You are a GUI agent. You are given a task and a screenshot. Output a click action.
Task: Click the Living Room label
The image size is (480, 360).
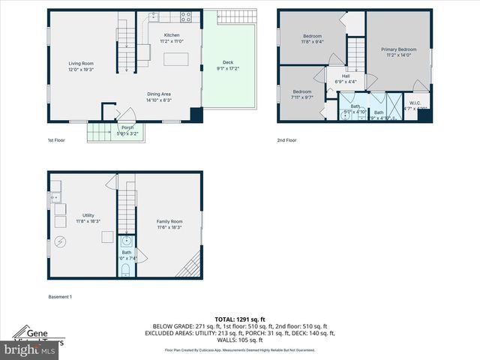(81, 65)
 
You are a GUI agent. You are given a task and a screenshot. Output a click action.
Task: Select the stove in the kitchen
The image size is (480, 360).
(185, 15)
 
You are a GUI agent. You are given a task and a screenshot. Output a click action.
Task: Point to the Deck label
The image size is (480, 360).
(228, 64)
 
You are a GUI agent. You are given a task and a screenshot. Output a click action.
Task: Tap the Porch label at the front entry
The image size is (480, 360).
(127, 127)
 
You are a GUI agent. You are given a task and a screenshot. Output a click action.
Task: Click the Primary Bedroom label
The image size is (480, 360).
(397, 49)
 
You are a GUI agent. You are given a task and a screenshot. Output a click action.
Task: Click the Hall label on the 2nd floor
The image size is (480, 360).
(346, 76)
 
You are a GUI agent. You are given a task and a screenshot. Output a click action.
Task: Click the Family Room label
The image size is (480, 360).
(169, 220)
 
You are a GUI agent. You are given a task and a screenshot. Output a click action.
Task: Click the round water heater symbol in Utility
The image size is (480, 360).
(59, 241)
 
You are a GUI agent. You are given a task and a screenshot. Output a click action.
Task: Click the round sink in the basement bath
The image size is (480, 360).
(126, 241)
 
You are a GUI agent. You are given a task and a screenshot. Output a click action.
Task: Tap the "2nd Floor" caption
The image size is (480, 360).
(287, 140)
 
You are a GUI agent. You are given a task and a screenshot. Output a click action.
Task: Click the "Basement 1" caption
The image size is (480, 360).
(61, 297)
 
